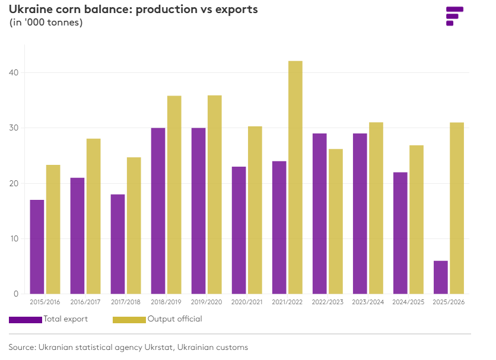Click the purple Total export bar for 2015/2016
37,247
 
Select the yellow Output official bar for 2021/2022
295,177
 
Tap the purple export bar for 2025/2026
440,277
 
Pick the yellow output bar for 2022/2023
335,221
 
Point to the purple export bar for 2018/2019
158,211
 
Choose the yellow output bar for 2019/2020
214,195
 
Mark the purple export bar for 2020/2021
239,230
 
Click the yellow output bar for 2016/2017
93,216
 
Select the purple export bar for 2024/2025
400,232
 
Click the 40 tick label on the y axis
13,73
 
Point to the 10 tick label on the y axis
13,239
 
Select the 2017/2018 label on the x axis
126,302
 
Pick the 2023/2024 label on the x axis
368,302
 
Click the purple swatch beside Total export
26,320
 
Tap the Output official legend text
174,319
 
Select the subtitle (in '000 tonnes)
46,23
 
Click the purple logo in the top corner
454,16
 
